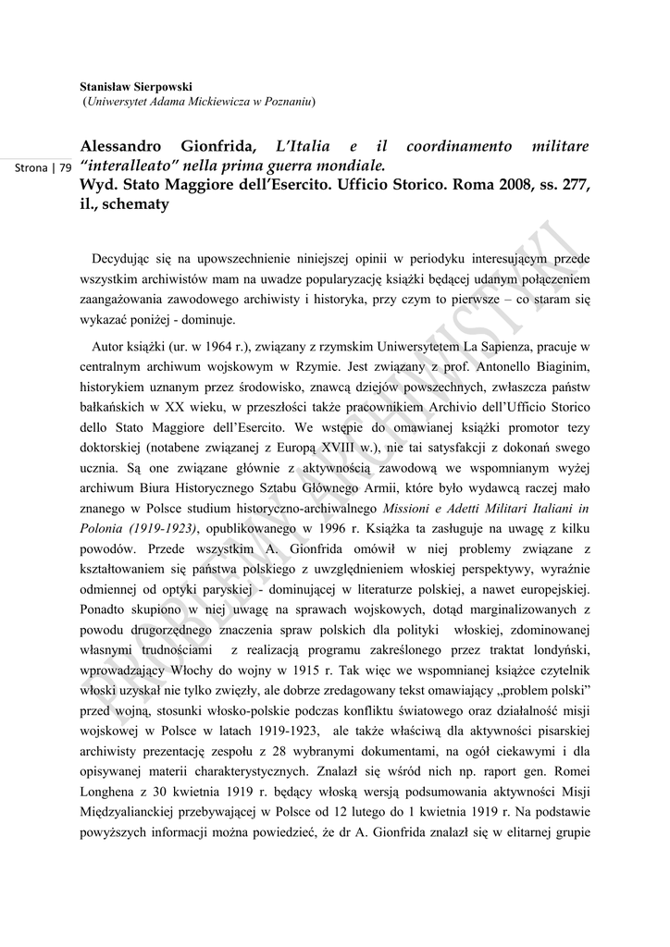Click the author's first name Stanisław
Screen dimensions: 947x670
point(105,86)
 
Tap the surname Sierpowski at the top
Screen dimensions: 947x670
point(161,86)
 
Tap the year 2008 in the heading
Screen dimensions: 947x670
point(485,185)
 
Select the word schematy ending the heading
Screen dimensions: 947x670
point(139,204)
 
